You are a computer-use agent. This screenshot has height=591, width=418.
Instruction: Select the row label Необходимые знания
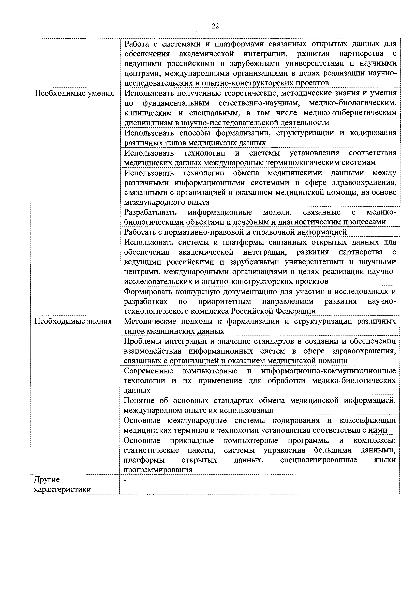[73, 321]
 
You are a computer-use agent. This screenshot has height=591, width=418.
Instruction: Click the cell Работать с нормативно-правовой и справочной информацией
[235, 232]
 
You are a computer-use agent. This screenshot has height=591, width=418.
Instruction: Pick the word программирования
[158, 470]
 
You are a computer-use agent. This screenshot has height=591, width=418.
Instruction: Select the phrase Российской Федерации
[273, 311]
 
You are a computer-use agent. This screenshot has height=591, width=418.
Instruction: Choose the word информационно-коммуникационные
[329, 371]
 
